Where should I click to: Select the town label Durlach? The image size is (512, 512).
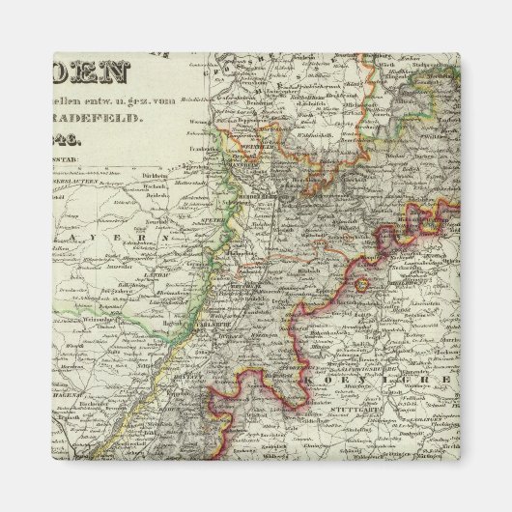(253, 324)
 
